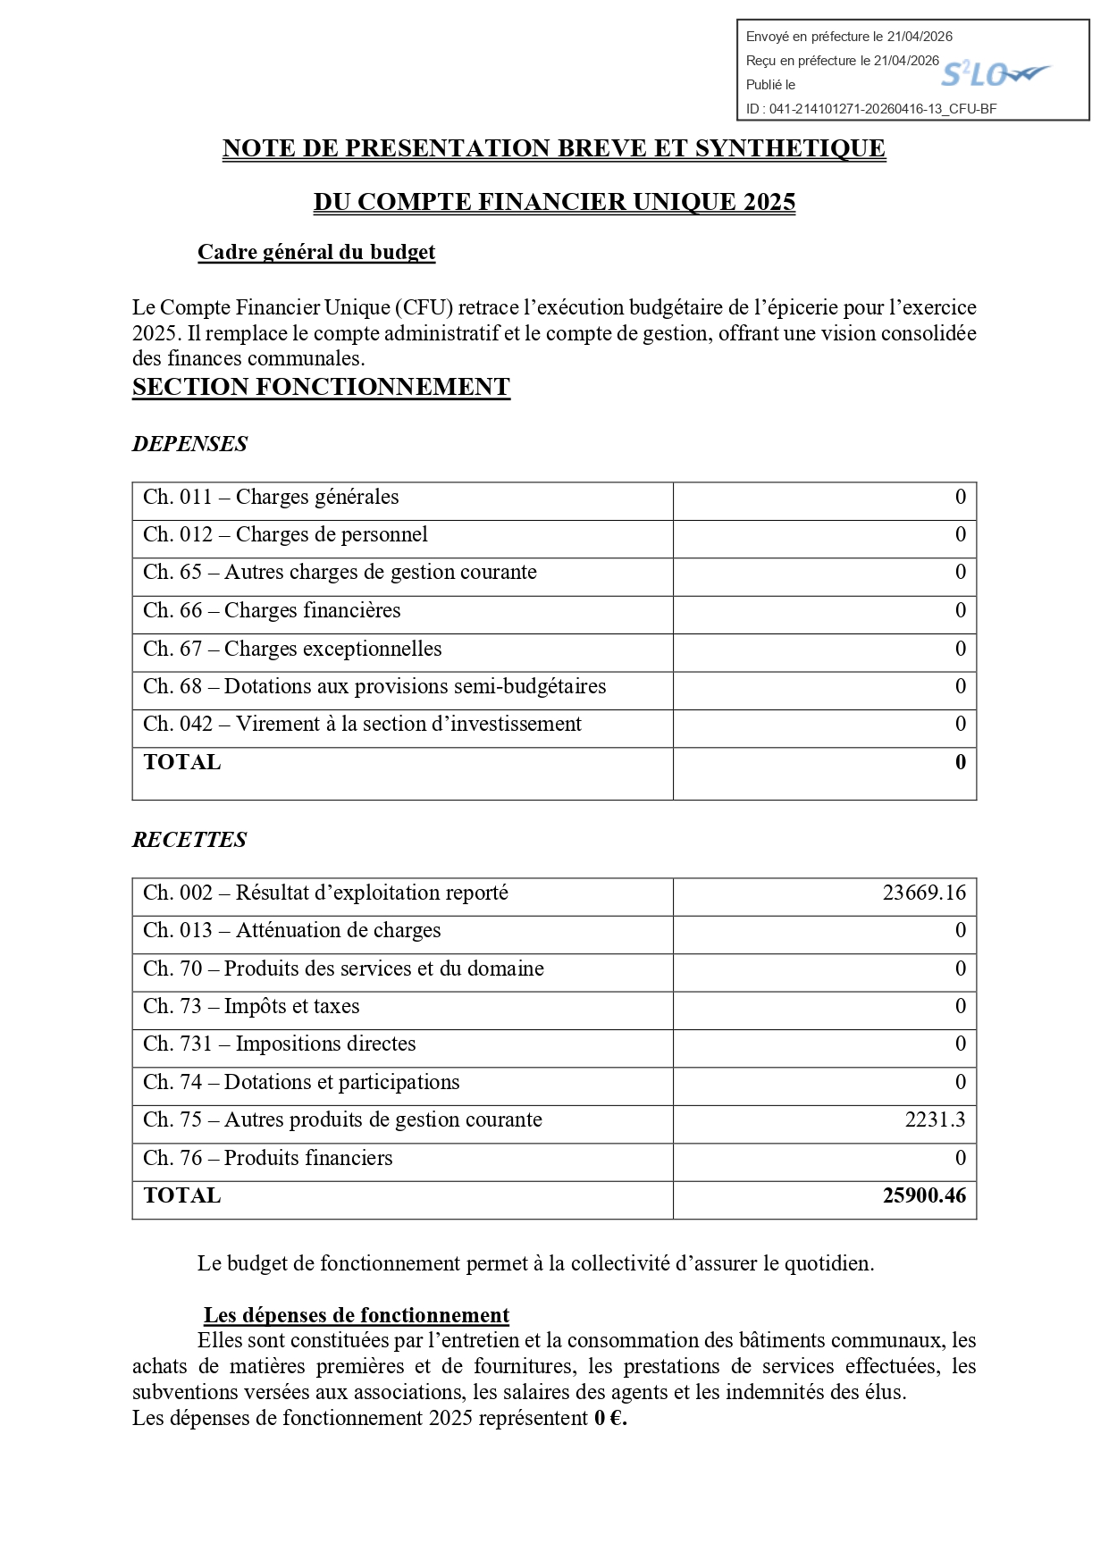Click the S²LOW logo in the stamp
tap(994, 74)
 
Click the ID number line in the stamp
tap(871, 109)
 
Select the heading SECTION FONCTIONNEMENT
tap(321, 387)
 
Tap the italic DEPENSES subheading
tap(189, 444)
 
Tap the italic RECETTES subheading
tap(189, 840)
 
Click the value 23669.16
tap(924, 893)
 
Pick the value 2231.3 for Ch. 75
tap(935, 1119)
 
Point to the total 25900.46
tap(924, 1195)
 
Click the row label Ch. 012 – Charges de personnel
tap(285, 534)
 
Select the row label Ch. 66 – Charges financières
tap(272, 610)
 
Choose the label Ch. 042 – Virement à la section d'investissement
tap(362, 724)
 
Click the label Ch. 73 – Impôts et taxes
tap(251, 1006)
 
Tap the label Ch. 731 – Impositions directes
tap(279, 1044)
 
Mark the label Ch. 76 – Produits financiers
tap(267, 1158)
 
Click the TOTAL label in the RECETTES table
tap(182, 1195)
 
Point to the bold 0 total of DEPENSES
tap(961, 762)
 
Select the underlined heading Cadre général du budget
tap(316, 253)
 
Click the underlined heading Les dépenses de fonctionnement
tap(357, 1315)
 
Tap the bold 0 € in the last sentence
tap(610, 1418)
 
